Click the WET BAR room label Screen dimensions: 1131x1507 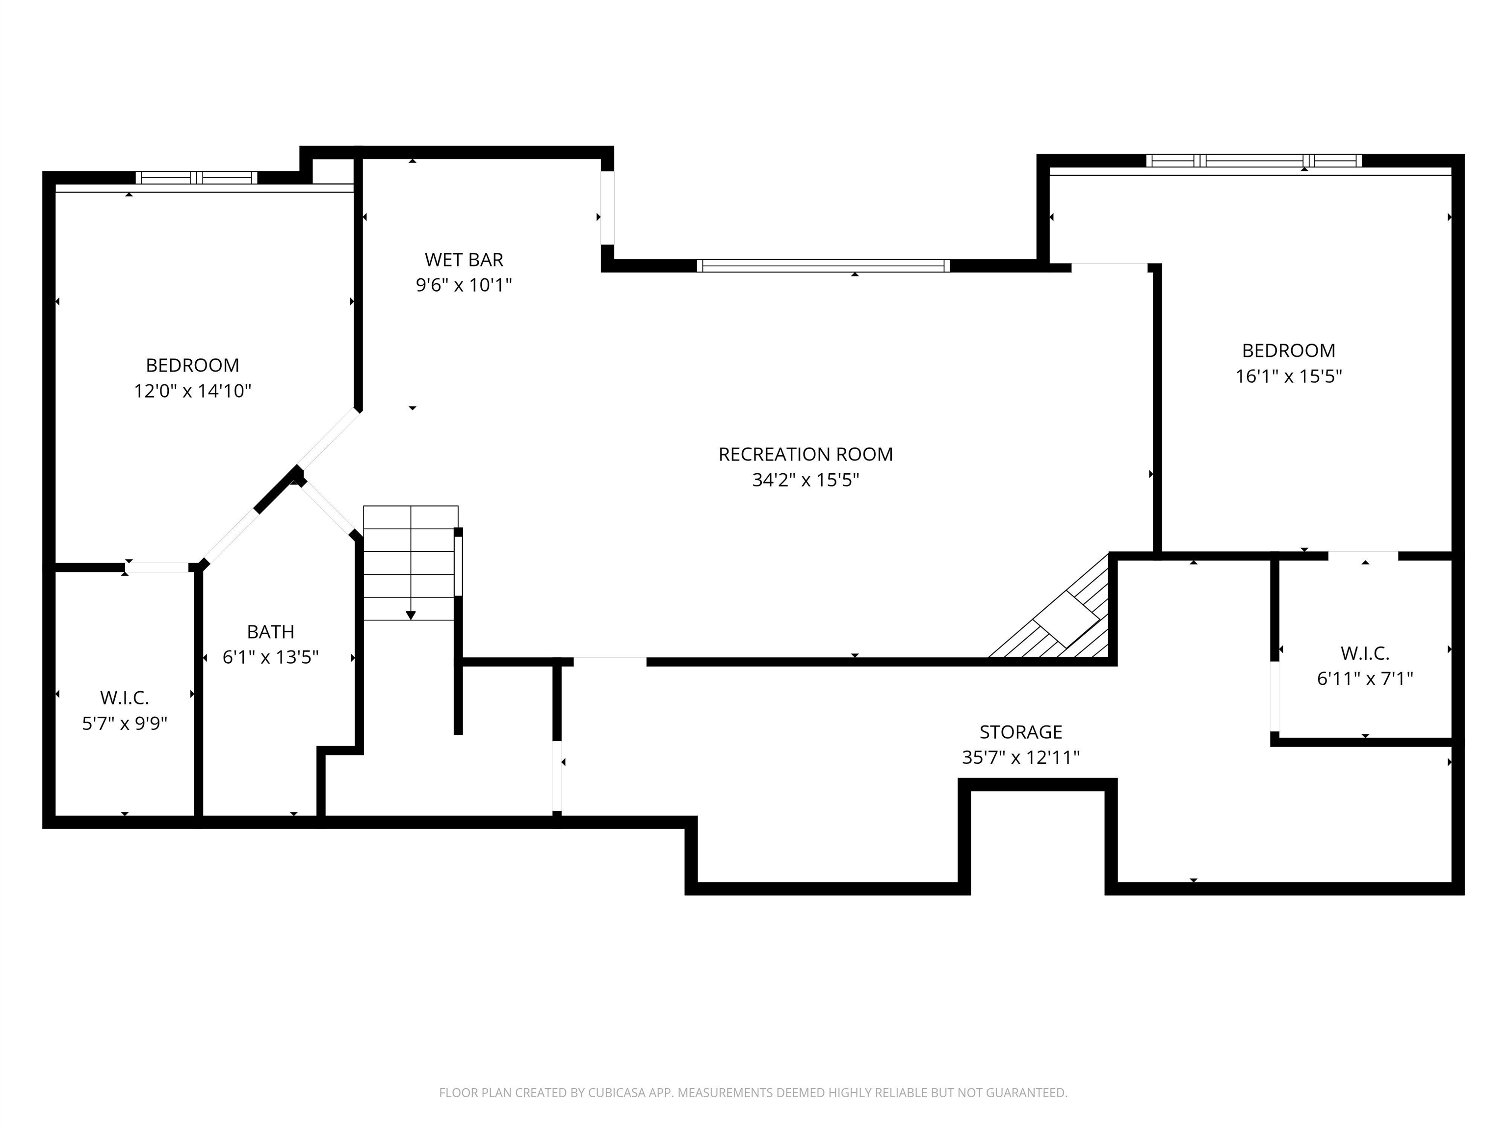[464, 260]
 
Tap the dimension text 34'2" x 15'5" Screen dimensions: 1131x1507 [805, 480]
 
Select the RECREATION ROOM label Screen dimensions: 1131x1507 [805, 454]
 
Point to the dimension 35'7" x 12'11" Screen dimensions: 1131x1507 [1020, 757]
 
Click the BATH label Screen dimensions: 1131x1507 [270, 632]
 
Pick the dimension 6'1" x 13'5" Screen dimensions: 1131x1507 [270, 657]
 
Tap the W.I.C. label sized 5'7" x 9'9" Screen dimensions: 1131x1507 [125, 698]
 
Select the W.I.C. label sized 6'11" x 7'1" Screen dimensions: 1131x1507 [1365, 653]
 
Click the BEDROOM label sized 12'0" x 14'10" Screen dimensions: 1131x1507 [192, 365]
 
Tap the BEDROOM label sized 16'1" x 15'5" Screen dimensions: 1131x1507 [1288, 350]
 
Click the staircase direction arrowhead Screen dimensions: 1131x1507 [411, 616]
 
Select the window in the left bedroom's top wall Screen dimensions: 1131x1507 [196, 178]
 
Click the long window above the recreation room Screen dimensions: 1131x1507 [823, 266]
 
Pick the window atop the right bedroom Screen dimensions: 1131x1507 [1253, 161]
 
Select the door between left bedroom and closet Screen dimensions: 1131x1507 [156, 567]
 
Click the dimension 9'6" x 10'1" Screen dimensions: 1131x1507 [464, 285]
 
